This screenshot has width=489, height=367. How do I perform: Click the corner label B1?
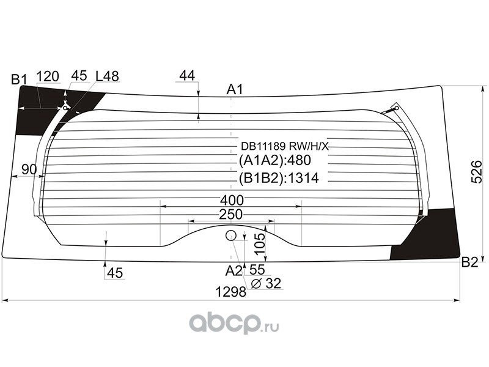[x=19, y=80]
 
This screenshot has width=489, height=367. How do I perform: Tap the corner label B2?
[x=469, y=263]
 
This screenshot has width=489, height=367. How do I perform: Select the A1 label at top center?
[x=234, y=89]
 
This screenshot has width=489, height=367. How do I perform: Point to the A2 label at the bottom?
[x=233, y=271]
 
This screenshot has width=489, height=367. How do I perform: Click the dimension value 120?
[x=48, y=76]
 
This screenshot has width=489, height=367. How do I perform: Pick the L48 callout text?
[x=107, y=76]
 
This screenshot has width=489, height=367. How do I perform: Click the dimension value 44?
[x=187, y=75]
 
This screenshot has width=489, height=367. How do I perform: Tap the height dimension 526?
[x=477, y=172]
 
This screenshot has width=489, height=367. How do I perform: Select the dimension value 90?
[x=29, y=169]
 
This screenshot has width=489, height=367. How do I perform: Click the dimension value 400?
[x=232, y=200]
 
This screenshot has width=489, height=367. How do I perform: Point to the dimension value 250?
[x=231, y=215]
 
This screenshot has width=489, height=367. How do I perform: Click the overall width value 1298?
[x=231, y=292]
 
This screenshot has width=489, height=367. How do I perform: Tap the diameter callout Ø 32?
[x=266, y=283]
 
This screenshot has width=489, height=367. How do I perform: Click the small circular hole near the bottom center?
[x=231, y=235]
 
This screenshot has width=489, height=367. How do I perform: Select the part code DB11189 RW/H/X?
[x=285, y=146]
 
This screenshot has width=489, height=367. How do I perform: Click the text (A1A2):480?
[x=274, y=160]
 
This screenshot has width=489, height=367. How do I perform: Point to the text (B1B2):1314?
[x=279, y=178]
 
